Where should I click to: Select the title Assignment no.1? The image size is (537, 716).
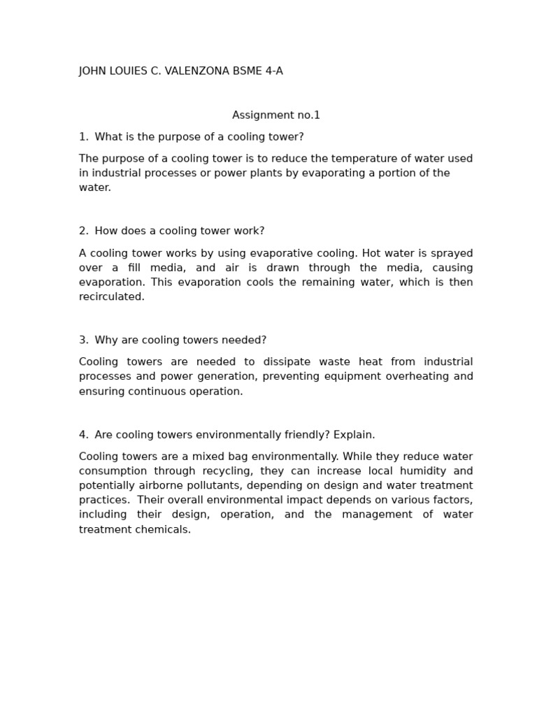click(x=276, y=115)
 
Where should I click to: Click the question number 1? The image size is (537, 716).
click(x=83, y=137)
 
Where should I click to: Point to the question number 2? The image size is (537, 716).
click(x=83, y=231)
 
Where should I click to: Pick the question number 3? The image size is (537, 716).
click(x=83, y=341)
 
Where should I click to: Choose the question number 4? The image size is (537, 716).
click(x=83, y=435)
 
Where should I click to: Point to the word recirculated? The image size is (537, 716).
click(x=111, y=297)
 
